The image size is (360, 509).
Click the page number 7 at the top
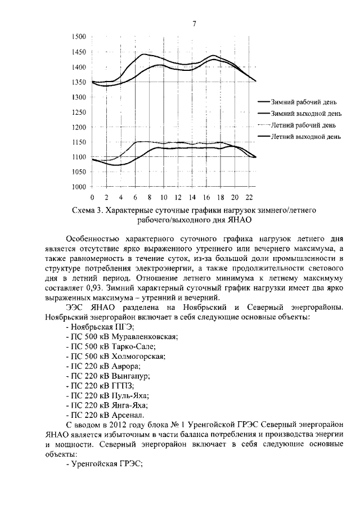pyautogui.click(x=194, y=24)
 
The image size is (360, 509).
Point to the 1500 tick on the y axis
pyautogui.click(x=79, y=37)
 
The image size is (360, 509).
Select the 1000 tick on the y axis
pyautogui.click(x=79, y=187)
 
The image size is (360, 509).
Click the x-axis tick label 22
pyautogui.click(x=249, y=198)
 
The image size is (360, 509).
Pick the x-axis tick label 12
pyautogui.click(x=178, y=198)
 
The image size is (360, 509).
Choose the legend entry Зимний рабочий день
pyautogui.click(x=304, y=103)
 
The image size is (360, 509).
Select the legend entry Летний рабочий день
pyautogui.click(x=304, y=125)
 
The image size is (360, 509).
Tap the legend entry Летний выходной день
pyautogui.click(x=306, y=136)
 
